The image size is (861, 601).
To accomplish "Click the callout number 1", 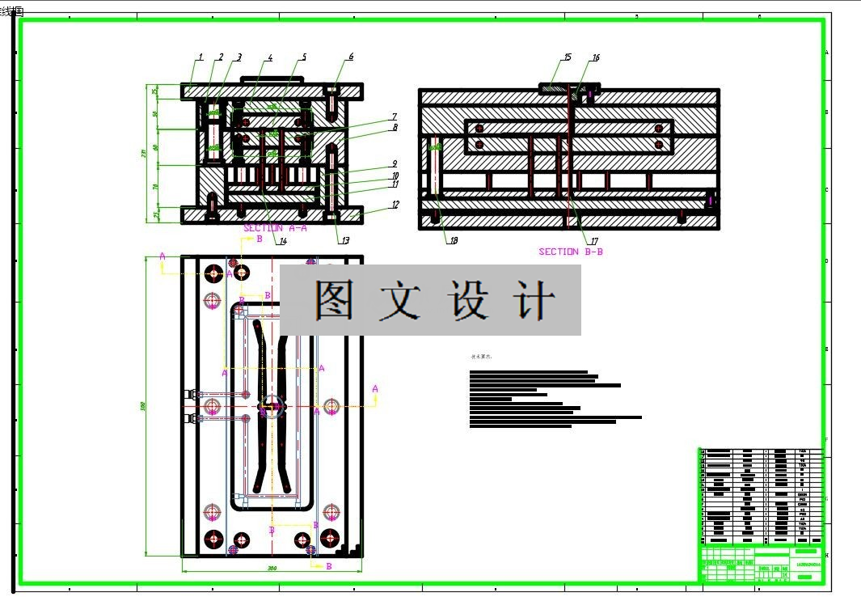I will (x=200, y=57).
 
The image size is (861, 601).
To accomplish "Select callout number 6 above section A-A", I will (x=351, y=57).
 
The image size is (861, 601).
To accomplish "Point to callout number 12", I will (x=395, y=205).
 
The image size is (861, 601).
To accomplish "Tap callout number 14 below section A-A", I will (x=282, y=241).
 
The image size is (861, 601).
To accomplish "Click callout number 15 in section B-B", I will (x=568, y=57).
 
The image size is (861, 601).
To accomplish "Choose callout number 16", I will (x=596, y=58).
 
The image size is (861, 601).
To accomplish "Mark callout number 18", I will (x=454, y=240).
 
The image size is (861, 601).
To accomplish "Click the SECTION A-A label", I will (x=275, y=228).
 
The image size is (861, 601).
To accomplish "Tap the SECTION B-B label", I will (x=571, y=252).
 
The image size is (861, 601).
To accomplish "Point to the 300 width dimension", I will (x=272, y=569).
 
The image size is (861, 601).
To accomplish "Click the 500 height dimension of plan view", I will (x=144, y=406).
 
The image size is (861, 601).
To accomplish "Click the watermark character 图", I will (x=340, y=300).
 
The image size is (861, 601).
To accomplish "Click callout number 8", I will (x=395, y=127).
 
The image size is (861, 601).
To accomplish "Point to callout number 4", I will (x=270, y=58).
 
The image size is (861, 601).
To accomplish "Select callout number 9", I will (x=395, y=163).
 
